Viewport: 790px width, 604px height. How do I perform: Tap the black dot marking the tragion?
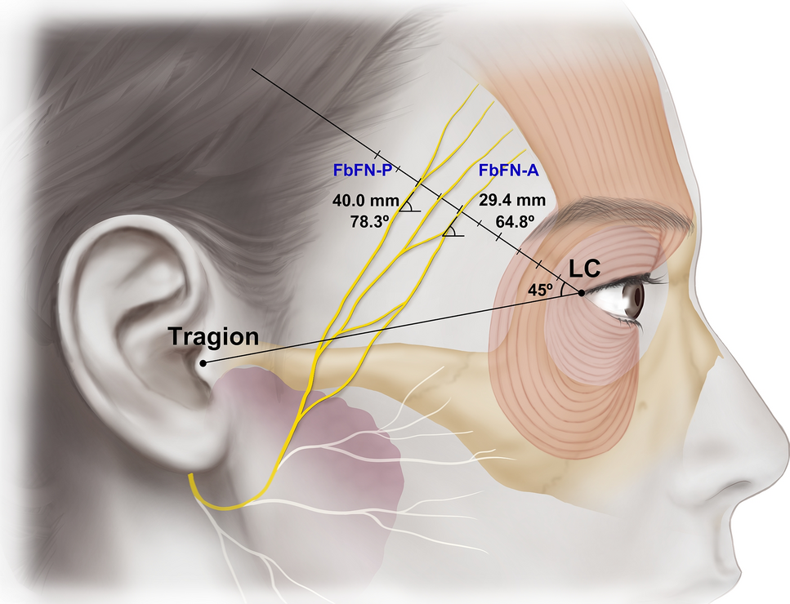(203, 361)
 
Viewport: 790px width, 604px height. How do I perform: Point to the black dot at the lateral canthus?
(581, 292)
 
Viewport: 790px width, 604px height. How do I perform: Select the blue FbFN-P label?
(362, 171)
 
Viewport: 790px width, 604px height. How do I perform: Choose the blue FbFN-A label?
(508, 171)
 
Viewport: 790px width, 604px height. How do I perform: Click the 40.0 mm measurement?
(365, 200)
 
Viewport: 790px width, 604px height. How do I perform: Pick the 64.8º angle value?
(516, 221)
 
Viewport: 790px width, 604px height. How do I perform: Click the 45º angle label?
(542, 287)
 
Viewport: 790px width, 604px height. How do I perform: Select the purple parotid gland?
(359, 457)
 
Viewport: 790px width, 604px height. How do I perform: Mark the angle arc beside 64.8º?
(450, 230)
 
